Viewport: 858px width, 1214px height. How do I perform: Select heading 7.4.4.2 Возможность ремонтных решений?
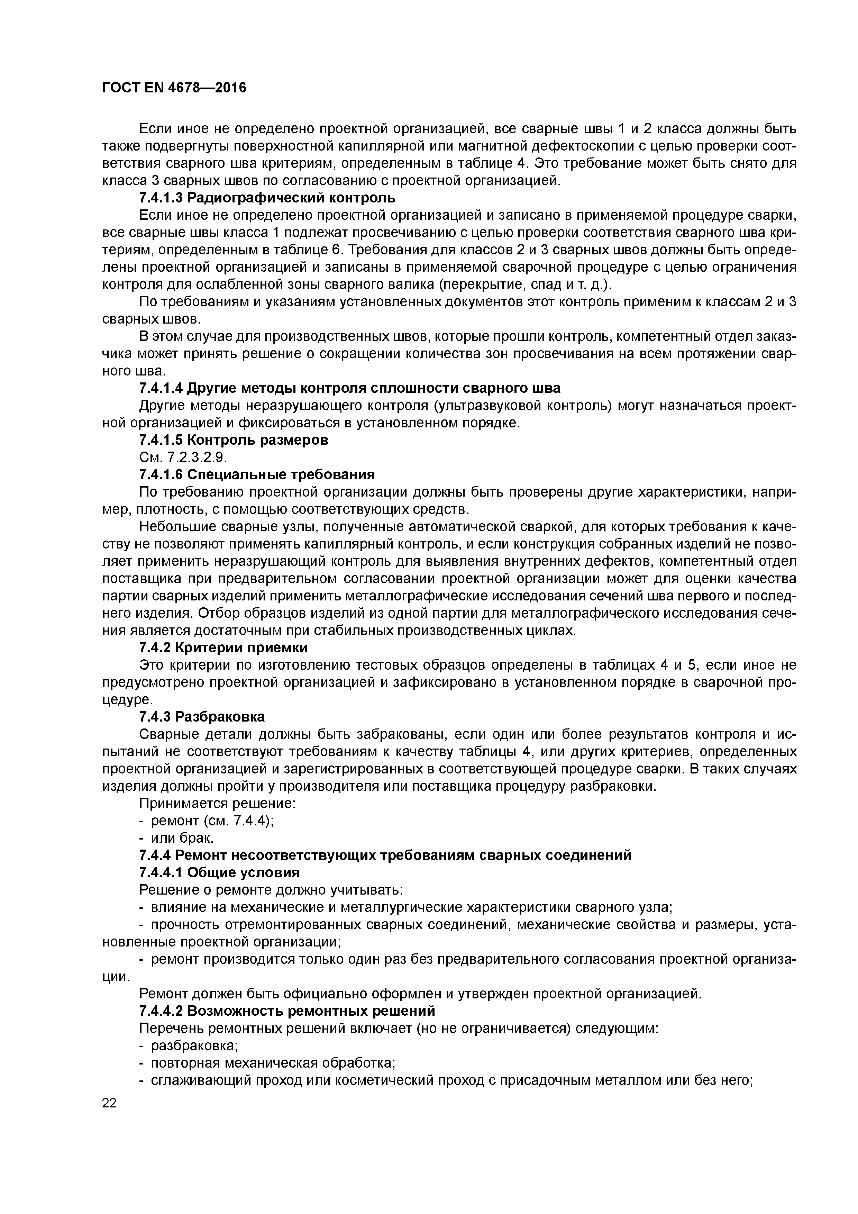[287, 1011]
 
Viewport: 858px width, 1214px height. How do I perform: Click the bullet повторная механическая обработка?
[273, 1063]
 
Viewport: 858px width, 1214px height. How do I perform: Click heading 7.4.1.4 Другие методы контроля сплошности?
[349, 388]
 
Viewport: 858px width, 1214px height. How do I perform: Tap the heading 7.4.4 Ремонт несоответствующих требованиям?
[385, 855]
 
